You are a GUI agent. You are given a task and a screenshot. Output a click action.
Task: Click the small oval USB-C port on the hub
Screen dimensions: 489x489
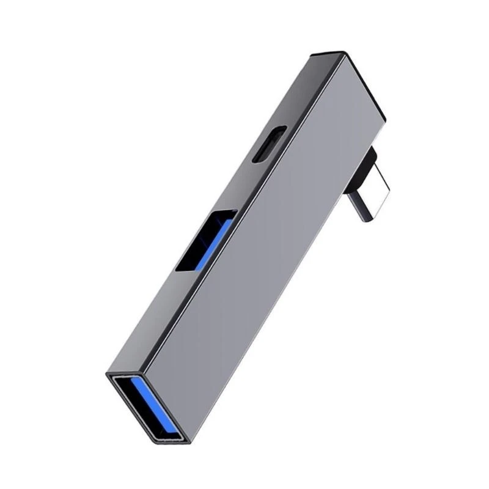(x=270, y=144)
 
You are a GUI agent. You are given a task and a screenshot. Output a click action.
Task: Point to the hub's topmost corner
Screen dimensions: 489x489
(x=342, y=53)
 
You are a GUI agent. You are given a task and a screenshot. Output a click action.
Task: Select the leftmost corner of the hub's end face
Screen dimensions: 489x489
(x=107, y=373)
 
